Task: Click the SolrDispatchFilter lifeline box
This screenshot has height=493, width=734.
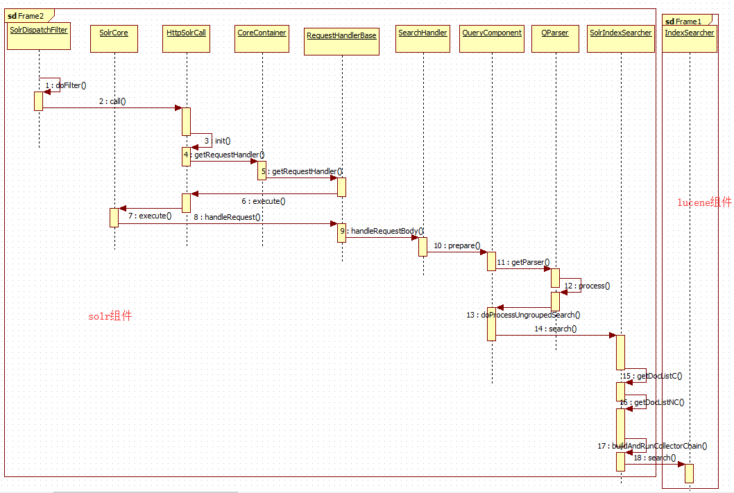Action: [39, 36]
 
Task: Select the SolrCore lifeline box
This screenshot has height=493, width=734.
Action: [114, 37]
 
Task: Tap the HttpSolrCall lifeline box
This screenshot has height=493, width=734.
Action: [186, 37]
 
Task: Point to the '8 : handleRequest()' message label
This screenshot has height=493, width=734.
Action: [227, 217]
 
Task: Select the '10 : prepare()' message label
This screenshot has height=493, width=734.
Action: [456, 245]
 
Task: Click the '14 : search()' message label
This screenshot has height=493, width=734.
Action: [556, 329]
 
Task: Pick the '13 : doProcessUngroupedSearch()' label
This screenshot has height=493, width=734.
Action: [523, 315]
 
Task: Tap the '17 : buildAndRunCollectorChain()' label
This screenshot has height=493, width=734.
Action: [652, 446]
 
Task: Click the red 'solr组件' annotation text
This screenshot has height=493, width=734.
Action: [110, 316]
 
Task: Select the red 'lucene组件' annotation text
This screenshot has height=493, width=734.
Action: [704, 202]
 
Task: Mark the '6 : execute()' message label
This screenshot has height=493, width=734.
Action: [263, 201]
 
